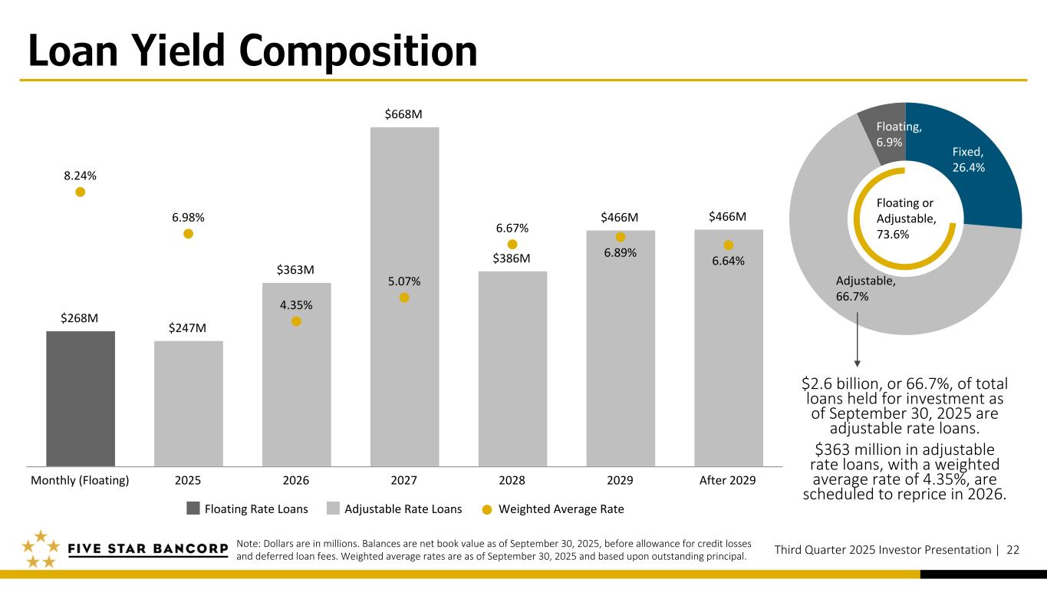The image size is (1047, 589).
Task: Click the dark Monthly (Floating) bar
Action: point(81,398)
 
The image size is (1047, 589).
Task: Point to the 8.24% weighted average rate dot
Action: point(80,192)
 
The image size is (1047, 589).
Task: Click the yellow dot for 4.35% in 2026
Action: point(296,321)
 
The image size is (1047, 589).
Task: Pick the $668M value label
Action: point(404,114)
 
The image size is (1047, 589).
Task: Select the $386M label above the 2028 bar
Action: point(512,258)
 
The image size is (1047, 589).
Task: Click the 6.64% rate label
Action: point(728,261)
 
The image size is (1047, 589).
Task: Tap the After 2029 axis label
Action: point(728,481)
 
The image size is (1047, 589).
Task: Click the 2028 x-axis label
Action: point(512,481)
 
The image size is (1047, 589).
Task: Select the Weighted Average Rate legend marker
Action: point(486,508)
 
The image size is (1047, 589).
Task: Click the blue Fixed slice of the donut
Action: point(974,169)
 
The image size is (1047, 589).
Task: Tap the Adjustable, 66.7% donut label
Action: point(865,288)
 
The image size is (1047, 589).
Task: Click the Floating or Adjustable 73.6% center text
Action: point(905,219)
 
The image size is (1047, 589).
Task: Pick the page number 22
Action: point(1013,550)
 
